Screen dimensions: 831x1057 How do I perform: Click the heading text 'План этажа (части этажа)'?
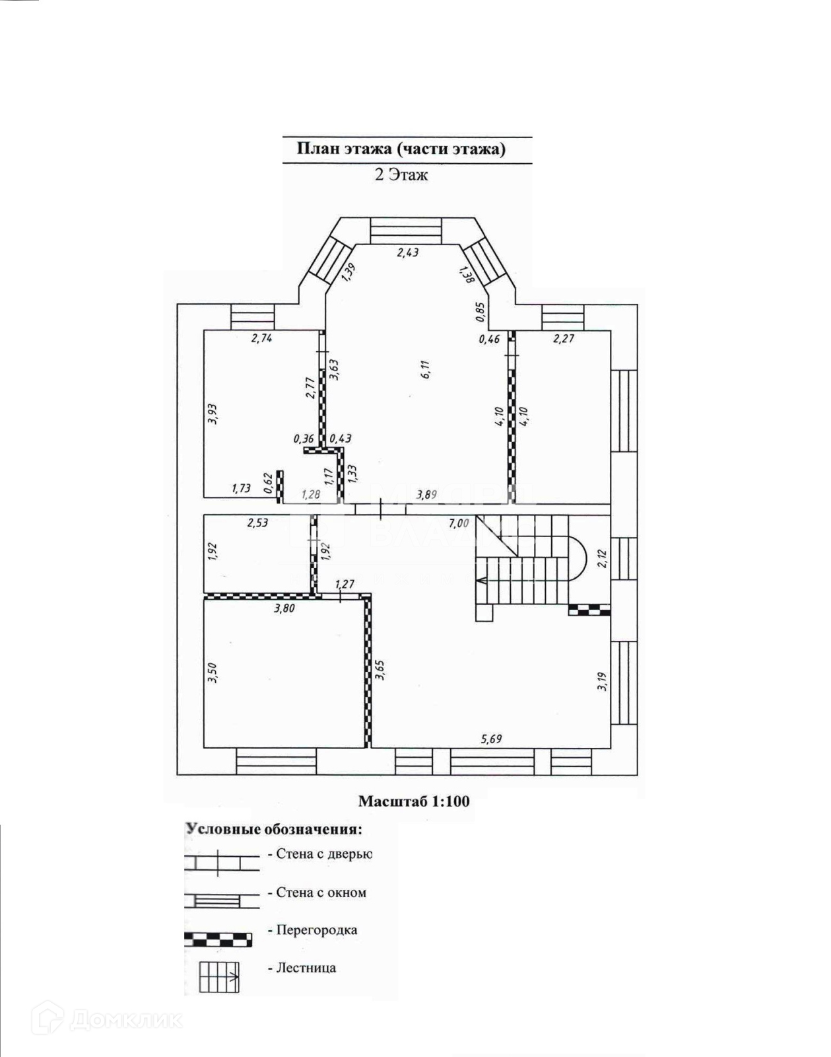point(401,149)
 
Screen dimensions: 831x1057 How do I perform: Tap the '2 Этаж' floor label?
point(401,174)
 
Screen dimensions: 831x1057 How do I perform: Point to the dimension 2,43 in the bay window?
point(408,253)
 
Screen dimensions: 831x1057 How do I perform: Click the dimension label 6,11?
point(425,369)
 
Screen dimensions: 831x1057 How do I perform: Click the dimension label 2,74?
point(261,338)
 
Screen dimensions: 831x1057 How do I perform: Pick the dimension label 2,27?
point(563,338)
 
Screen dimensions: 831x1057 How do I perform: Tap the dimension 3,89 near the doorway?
point(426,495)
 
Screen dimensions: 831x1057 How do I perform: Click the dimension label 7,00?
point(459,524)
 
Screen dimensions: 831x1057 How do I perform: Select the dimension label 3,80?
point(285,608)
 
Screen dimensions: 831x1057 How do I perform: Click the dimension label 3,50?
point(212,673)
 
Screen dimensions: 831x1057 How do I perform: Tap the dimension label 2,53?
point(257,522)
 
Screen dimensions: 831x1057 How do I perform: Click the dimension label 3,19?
point(602,681)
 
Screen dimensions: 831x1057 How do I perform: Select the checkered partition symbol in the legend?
point(218,940)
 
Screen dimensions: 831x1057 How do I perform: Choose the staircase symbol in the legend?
point(219,978)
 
